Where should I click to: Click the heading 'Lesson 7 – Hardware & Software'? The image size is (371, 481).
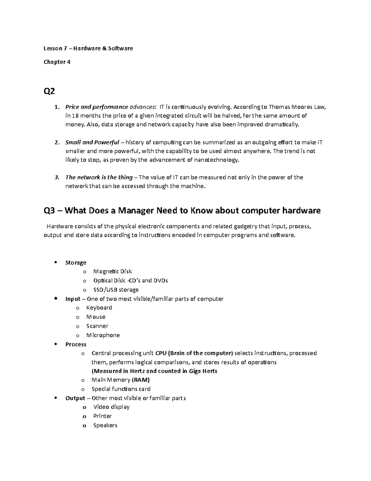coord(88,48)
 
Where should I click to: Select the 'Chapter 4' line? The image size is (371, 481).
coord(57,62)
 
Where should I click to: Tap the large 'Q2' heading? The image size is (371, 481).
coord(49,92)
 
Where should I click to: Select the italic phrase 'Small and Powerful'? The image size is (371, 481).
coord(92,142)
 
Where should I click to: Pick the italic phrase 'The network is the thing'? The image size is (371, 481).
coord(99,177)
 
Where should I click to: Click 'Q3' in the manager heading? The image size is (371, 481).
coord(51,211)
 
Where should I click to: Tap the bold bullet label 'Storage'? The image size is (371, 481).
coord(76,263)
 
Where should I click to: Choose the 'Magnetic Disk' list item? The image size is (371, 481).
coord(113,272)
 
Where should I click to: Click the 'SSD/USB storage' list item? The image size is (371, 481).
coord(116,290)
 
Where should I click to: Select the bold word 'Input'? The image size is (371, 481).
coord(73,299)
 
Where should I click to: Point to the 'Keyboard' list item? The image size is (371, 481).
coord(99,308)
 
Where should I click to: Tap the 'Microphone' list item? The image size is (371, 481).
coord(103,335)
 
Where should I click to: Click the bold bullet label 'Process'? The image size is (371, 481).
coord(76,344)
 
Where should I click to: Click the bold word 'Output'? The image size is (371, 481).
coord(75,398)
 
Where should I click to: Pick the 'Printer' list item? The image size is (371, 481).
coord(103,416)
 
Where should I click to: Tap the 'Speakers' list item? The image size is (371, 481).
coord(105,426)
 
